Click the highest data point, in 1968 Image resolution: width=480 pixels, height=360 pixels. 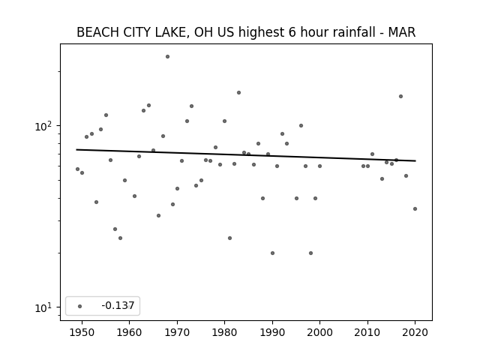tap(167, 57)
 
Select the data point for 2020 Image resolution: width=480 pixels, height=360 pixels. tap(415, 208)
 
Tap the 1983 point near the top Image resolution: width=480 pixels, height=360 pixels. tap(238, 92)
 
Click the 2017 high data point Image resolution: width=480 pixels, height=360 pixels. tap(400, 97)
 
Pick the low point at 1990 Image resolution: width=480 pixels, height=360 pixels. tap(272, 253)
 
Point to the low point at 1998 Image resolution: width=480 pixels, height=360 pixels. tap(310, 253)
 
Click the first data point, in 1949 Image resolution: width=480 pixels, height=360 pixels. tap(77, 169)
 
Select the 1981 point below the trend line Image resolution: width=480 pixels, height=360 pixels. tap(230, 238)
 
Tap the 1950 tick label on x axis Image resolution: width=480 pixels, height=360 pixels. tap(82, 332)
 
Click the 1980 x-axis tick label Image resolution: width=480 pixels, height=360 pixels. tap(224, 332)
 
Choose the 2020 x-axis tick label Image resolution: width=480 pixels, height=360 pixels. tap(415, 332)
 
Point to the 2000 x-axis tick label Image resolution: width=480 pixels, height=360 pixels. tap(320, 332)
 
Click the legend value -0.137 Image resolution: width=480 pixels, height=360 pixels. tap(118, 305)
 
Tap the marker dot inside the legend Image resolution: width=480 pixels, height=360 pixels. tap(80, 306)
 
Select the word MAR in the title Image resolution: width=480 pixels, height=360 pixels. tap(402, 32)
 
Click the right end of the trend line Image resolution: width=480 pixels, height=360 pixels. tap(415, 160)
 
